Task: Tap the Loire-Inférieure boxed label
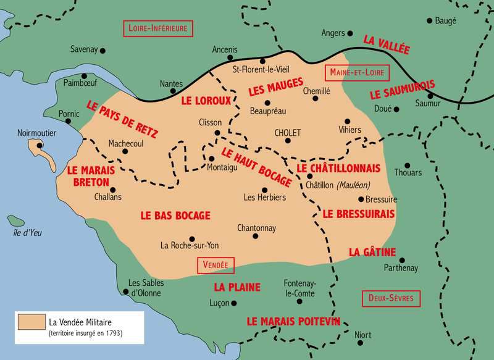click(159, 28)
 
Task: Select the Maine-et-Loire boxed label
click(357, 72)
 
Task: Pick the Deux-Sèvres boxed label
click(391, 298)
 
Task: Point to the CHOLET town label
click(287, 133)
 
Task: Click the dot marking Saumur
click(430, 94)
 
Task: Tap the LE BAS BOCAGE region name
click(175, 216)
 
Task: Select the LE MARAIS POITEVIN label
click(293, 321)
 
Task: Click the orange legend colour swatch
click(31, 322)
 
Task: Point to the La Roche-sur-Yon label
click(190, 245)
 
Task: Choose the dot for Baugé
click(430, 20)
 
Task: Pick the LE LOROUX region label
click(206, 100)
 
